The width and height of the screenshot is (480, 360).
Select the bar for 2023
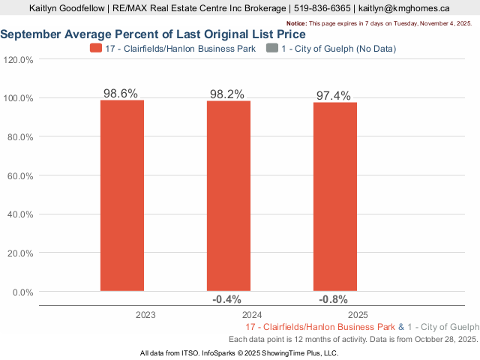coord(122,195)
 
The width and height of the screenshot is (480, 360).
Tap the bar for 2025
coord(335,196)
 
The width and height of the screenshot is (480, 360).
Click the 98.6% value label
coord(121,94)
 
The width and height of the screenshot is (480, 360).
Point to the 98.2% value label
coord(227,94)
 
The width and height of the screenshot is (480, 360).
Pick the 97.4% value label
coord(334,96)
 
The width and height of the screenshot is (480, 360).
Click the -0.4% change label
coord(226,300)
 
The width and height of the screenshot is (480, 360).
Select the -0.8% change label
coord(333,300)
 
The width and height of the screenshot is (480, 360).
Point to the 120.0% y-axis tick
coord(19,60)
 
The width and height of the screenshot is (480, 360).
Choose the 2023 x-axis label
coord(145,316)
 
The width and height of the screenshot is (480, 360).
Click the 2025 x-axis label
coord(358,316)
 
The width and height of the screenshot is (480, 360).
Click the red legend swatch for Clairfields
coord(96,49)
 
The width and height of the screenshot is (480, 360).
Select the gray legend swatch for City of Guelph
coord(271,49)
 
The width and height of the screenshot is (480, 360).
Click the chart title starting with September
coord(153,34)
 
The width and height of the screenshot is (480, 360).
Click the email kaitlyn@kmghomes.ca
coord(404,8)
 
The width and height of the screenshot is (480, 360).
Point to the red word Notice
coord(297,24)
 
